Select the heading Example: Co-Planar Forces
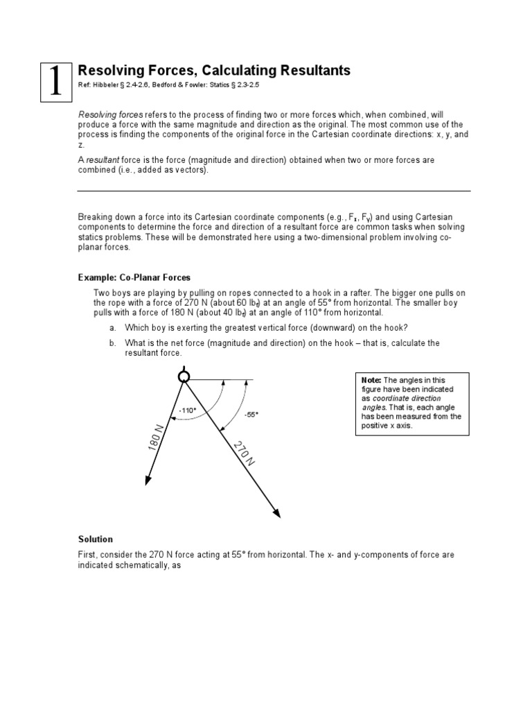[x=134, y=277]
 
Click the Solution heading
[x=96, y=539]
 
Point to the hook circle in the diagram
[x=184, y=376]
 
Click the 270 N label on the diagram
[x=244, y=453]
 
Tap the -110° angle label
[x=188, y=410]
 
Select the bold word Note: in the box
[x=371, y=380]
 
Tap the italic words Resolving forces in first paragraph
[x=111, y=113]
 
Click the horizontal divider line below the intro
[x=274, y=191]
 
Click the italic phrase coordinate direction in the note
[x=405, y=398]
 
